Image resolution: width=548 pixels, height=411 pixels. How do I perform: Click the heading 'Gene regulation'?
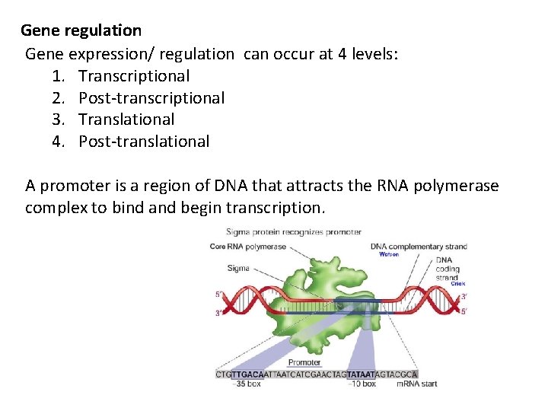[x=81, y=30]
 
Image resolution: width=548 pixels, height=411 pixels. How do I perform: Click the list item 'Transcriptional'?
[x=134, y=75]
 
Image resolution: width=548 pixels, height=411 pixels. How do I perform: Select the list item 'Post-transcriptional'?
[x=151, y=97]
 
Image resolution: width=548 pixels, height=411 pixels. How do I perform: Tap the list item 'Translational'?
[x=126, y=119]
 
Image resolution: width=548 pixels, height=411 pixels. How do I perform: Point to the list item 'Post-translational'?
[x=144, y=141]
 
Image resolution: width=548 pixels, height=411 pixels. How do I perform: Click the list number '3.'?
[x=60, y=119]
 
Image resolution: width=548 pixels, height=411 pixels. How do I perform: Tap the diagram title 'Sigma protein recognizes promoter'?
[x=294, y=231]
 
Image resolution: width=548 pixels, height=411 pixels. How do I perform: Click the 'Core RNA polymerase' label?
[x=248, y=247]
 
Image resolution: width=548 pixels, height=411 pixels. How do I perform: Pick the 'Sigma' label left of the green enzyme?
[x=238, y=268]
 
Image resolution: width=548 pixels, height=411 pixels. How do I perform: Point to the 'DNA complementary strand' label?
[x=419, y=247]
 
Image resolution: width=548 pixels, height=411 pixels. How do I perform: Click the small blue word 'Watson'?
[x=389, y=254]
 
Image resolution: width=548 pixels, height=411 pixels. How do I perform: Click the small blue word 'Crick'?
[x=457, y=282]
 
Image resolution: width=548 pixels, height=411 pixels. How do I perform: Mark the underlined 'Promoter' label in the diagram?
[x=304, y=362]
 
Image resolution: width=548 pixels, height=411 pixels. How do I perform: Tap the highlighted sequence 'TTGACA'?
[x=247, y=374]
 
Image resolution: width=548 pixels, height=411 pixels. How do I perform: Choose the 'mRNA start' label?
[x=417, y=384]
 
